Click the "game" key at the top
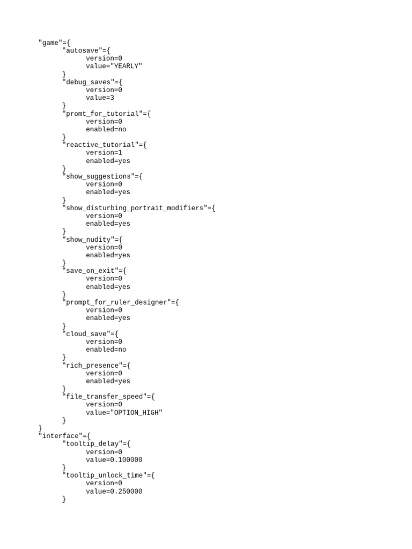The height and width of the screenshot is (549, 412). point(50,43)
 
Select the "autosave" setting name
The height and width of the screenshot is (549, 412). point(82,50)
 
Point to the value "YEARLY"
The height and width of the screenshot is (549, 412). point(126,66)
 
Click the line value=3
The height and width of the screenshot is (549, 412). point(100,98)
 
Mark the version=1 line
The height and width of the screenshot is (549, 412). point(104,153)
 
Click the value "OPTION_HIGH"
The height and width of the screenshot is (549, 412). point(136,413)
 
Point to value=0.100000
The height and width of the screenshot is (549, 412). point(114,459)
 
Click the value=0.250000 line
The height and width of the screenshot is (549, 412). point(114,491)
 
